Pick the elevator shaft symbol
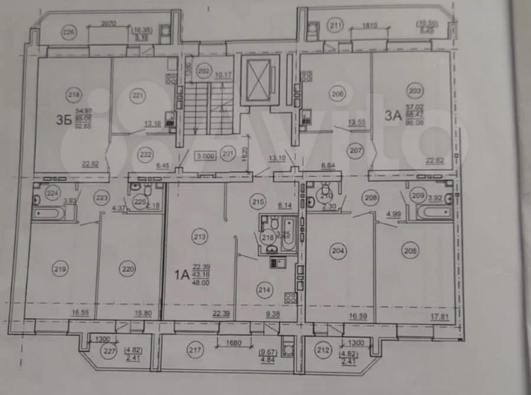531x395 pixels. pyautogui.click(x=259, y=80)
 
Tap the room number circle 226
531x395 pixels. pyautogui.click(x=69, y=33)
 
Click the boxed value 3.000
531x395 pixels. pyautogui.click(x=206, y=156)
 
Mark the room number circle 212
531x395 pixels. pyautogui.click(x=323, y=351)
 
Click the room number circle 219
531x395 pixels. pyautogui.click(x=61, y=269)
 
